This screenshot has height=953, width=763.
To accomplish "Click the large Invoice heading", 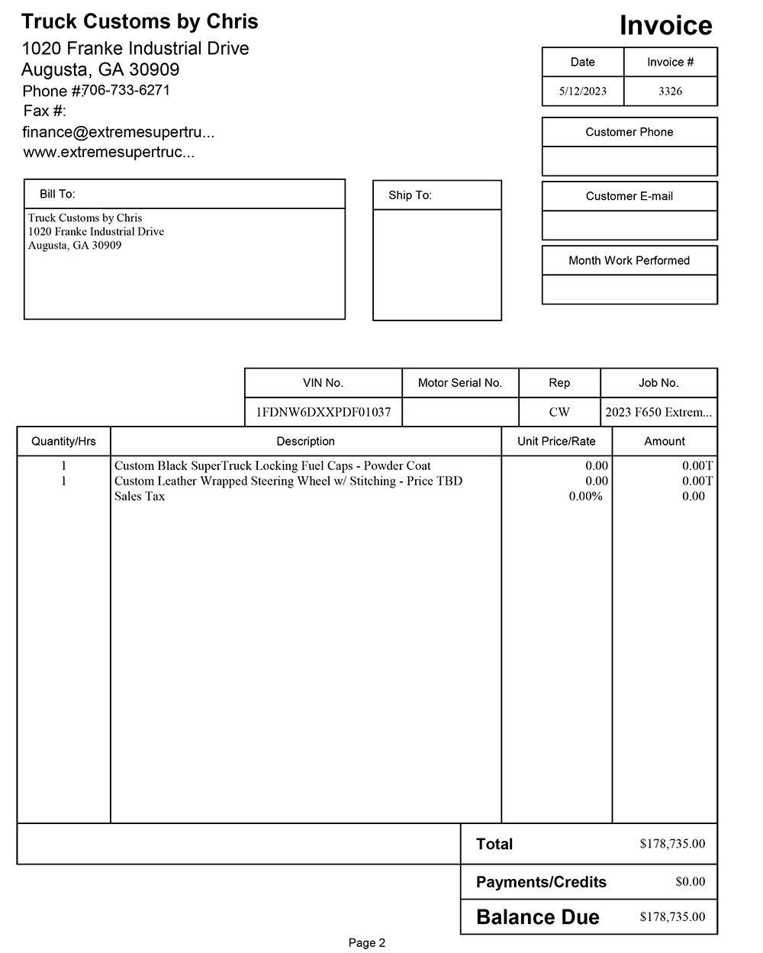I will (665, 25).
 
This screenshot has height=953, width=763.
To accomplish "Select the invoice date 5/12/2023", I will (582, 92).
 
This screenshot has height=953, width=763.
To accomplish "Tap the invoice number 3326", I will (670, 92).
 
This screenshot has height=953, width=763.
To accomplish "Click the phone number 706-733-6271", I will (126, 90).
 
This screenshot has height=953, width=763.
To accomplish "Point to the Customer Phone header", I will (629, 132).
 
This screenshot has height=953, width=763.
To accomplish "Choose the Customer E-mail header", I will (629, 196).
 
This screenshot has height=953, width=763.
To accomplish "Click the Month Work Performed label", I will (629, 260).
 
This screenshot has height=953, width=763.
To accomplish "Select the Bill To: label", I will (57, 195).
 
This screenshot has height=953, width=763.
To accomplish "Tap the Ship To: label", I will (410, 195).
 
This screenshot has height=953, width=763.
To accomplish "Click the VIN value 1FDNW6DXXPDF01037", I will (323, 412).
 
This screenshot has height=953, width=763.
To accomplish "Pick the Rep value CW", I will (559, 412).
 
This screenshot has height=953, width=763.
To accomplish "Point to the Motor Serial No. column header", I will (459, 383).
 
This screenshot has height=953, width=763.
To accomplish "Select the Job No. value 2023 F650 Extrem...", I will (658, 412).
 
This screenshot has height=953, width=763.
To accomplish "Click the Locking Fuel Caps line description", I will (272, 465).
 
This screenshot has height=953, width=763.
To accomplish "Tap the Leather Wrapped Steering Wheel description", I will (288, 481).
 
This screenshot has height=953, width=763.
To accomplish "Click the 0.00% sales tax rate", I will (585, 496).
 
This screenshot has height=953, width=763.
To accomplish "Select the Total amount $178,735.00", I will (672, 844).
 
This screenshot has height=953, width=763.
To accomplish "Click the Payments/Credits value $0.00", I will (690, 881).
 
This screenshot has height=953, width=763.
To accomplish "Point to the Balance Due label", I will (537, 917).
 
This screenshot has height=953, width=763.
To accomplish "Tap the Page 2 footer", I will (367, 943).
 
